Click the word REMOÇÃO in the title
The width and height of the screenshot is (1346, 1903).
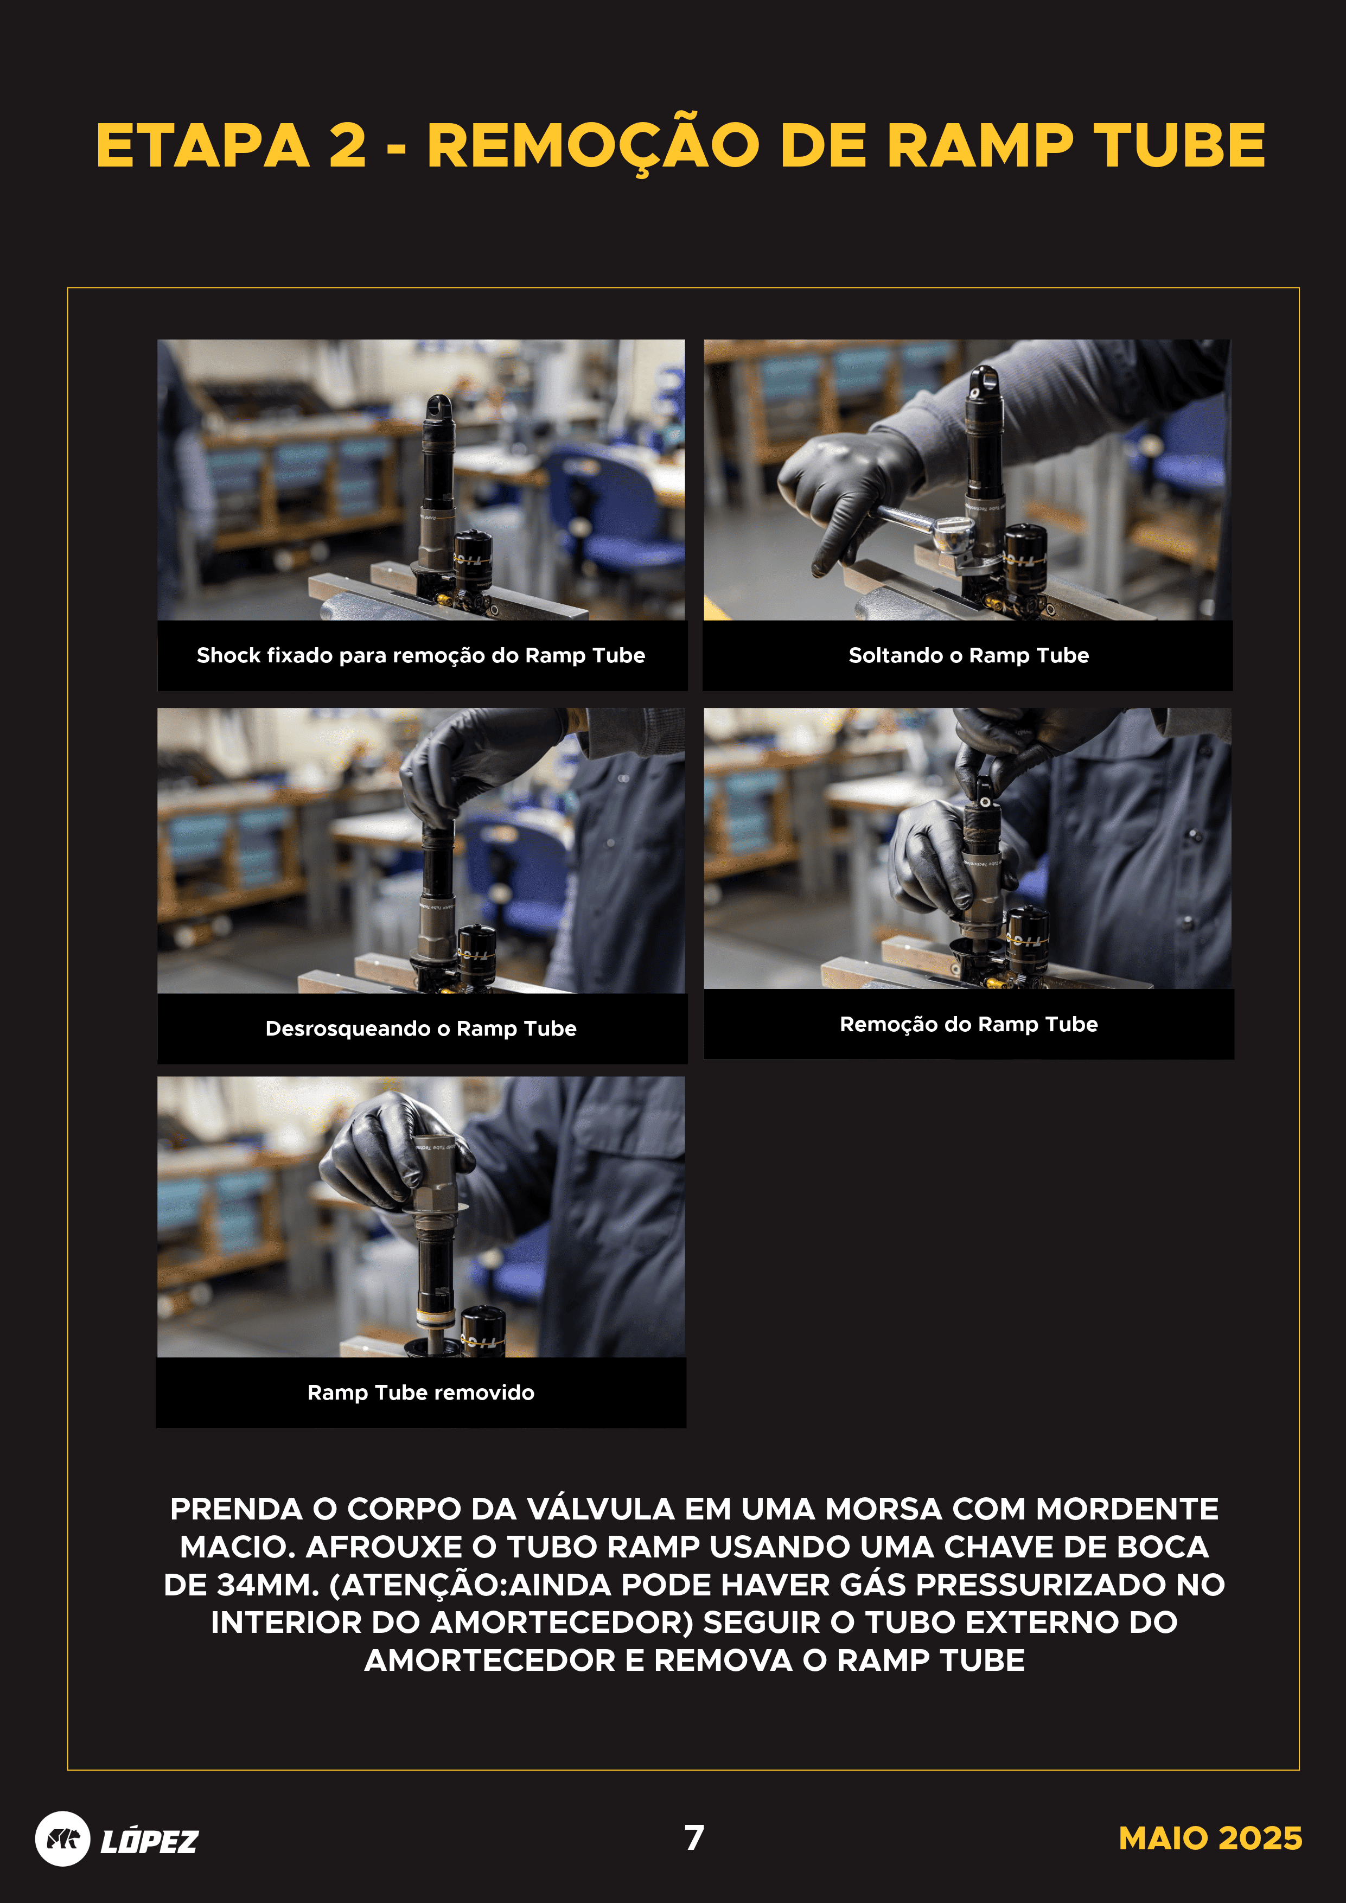[x=592, y=146]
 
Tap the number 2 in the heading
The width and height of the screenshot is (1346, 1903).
[x=347, y=146]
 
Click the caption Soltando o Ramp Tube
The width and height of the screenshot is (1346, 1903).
[x=968, y=656]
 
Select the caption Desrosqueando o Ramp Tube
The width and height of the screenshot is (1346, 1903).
[x=420, y=1029]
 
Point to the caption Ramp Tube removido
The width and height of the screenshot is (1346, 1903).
[x=420, y=1393]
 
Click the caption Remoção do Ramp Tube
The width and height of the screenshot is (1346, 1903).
[x=968, y=1024]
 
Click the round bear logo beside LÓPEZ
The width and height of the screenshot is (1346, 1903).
[x=62, y=1839]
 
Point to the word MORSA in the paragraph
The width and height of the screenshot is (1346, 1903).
[x=883, y=1509]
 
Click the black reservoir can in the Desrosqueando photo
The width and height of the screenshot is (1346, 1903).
[x=476, y=953]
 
